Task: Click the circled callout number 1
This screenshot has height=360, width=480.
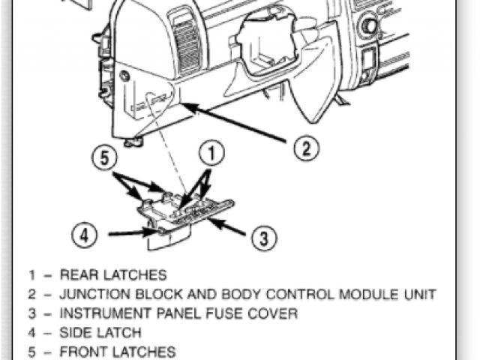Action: pyautogui.click(x=212, y=154)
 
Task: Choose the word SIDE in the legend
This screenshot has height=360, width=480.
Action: pyautogui.click(x=74, y=332)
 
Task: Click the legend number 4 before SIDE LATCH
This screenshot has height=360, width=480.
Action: pyautogui.click(x=31, y=332)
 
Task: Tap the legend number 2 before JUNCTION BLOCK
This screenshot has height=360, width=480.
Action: pyautogui.click(x=31, y=294)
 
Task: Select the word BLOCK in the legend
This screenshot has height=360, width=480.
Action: pyautogui.click(x=169, y=294)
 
